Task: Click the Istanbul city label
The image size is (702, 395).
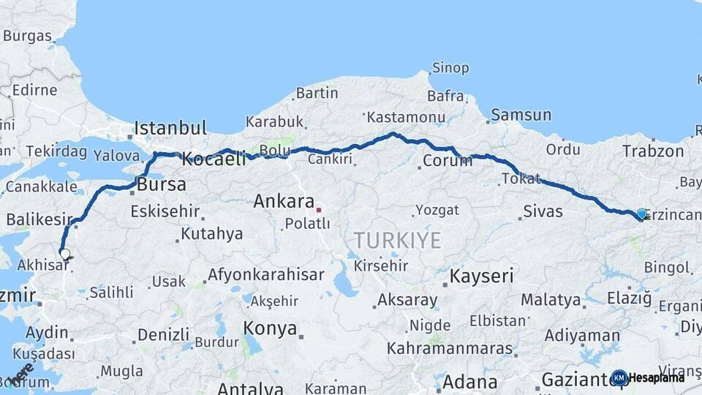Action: click(x=170, y=128)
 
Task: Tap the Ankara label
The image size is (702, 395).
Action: click(x=284, y=201)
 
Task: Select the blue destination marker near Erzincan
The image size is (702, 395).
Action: click(x=641, y=214)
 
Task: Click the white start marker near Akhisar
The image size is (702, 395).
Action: click(x=65, y=255)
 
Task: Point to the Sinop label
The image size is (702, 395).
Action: click(x=450, y=68)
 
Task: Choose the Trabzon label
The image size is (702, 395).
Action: click(x=653, y=151)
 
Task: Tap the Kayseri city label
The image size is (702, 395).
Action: click(x=481, y=276)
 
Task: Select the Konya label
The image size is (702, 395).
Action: click(x=270, y=328)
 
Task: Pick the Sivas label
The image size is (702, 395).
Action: click(x=543, y=212)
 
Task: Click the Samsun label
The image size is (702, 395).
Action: click(x=521, y=115)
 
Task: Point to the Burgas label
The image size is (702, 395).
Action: click(x=27, y=36)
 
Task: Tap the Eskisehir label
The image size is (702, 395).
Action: click(x=165, y=211)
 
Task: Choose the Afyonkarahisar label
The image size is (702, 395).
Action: click(x=265, y=275)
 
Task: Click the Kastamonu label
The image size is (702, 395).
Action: click(x=406, y=117)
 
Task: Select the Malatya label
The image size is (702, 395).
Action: click(x=551, y=300)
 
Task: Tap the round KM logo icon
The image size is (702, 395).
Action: click(x=619, y=377)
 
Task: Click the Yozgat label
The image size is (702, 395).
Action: click(x=437, y=211)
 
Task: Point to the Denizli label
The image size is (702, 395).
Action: click(x=163, y=335)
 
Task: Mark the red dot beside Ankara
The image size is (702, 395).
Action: click(x=319, y=210)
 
